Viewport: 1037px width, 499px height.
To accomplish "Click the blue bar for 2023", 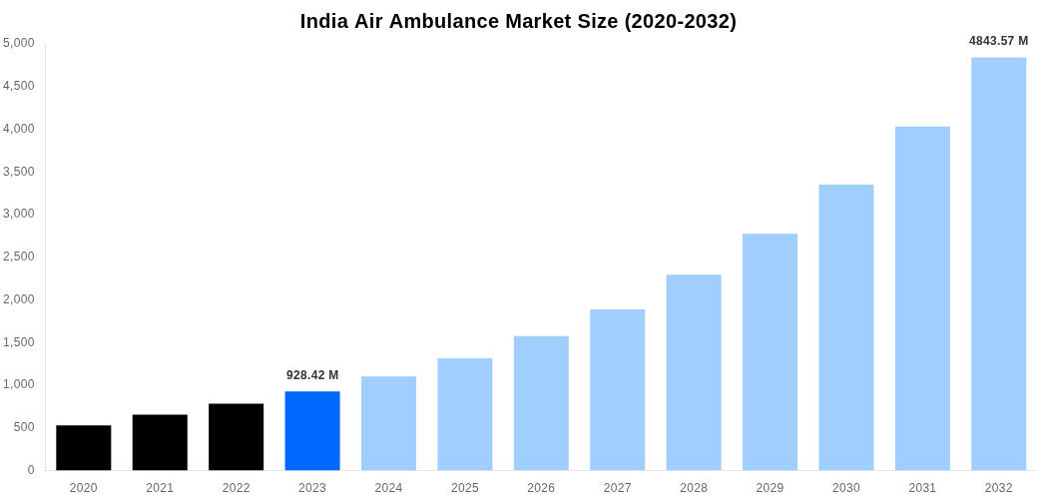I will point(312,430).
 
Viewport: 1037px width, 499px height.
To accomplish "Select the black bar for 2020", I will point(84,447).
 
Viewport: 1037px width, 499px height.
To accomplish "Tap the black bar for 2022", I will point(237,436).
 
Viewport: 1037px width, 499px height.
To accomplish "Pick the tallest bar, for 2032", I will point(998,263).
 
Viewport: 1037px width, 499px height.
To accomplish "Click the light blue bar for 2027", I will point(617,389).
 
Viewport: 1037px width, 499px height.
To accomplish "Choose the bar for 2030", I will point(845,327).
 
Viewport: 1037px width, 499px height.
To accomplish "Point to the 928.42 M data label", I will point(312,375).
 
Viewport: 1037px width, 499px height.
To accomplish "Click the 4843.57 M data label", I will point(998,41).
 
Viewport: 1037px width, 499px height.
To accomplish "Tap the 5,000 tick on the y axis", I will point(19,43).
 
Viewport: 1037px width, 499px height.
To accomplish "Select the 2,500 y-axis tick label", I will point(19,256).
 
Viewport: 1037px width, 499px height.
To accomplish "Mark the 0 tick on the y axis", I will point(31,470).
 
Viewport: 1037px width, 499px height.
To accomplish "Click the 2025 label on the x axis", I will point(465,488).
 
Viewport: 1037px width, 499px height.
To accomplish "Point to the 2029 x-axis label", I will point(770,488).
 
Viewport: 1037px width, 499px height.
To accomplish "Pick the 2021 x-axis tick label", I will point(160,488).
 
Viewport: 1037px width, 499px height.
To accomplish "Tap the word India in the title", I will point(324,21).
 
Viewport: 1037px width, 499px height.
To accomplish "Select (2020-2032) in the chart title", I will point(680,21).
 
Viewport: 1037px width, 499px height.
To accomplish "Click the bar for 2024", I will point(388,423).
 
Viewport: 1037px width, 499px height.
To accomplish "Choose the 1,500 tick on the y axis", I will point(19,342).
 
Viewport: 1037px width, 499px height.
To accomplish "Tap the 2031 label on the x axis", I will point(922,488).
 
